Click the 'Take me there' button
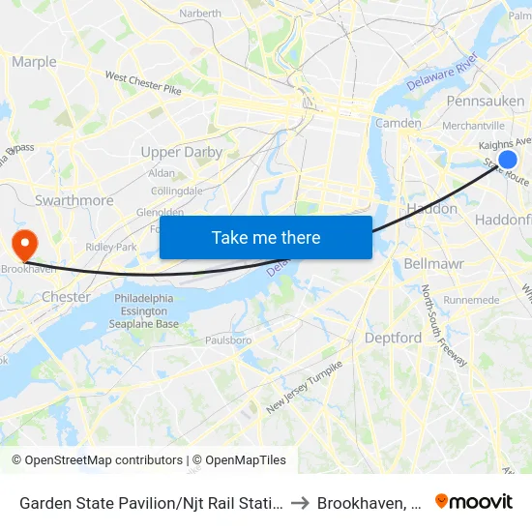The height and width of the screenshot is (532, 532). pyautogui.click(x=265, y=237)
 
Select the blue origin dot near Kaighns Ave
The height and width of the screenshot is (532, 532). pyautogui.click(x=507, y=160)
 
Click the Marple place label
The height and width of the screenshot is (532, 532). pyautogui.click(x=34, y=62)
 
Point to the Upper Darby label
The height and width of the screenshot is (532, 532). pyautogui.click(x=181, y=152)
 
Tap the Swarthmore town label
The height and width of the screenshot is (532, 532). pyautogui.click(x=74, y=200)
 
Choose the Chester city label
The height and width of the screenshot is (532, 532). pyautogui.click(x=66, y=297)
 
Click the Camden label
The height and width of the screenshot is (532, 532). pyautogui.click(x=398, y=123)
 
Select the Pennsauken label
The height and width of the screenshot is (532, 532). pyautogui.click(x=485, y=101)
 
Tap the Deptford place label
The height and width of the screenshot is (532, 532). pyautogui.click(x=393, y=338)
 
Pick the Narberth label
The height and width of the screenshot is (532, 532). pyautogui.click(x=200, y=14)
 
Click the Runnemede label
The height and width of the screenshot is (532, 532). pyautogui.click(x=471, y=300)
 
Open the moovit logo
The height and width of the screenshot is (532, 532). pyautogui.click(x=473, y=502)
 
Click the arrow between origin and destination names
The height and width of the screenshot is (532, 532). pyautogui.click(x=300, y=502)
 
